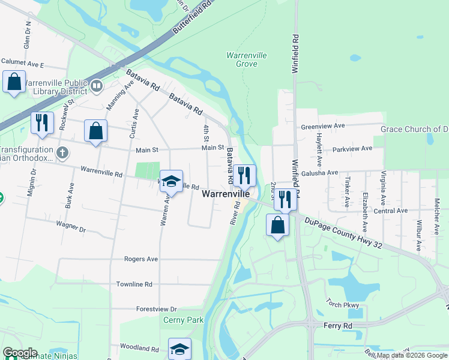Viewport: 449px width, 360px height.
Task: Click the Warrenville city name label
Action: [225, 194]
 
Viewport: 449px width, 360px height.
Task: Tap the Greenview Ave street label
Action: [323, 127]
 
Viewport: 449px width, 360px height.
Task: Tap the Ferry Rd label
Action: [339, 325]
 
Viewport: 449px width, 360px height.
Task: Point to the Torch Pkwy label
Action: [342, 305]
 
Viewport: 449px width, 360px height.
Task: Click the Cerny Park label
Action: [184, 320]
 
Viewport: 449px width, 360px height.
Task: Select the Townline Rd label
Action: [134, 284]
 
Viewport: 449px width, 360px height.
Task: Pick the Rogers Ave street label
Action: [140, 259]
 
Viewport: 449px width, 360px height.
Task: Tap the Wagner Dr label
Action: [71, 229]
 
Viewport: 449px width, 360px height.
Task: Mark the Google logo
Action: [20, 353]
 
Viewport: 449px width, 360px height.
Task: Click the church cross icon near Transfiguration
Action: [62, 152]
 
